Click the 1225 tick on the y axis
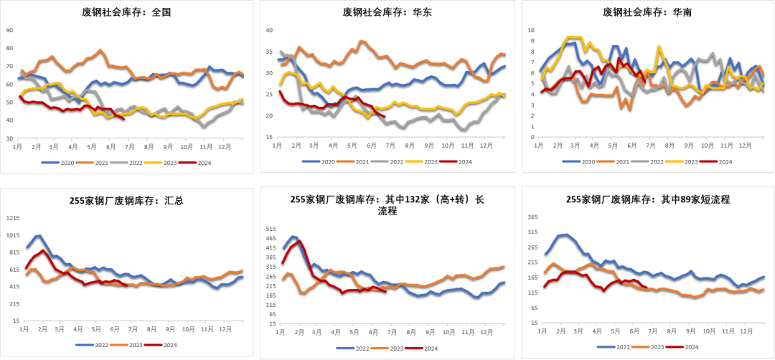(x=12, y=217)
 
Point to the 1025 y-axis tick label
(x=12, y=235)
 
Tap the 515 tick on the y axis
(x=271, y=229)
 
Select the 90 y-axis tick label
(x=9, y=30)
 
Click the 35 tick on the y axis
(x=270, y=52)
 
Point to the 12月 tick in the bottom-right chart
(x=745, y=331)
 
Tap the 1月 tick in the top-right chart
(x=540, y=146)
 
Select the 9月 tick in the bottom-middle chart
(x=429, y=333)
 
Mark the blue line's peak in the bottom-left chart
(x=39, y=235)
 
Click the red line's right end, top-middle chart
(x=385, y=115)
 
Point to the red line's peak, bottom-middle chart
(x=299, y=241)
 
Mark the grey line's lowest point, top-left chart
(x=204, y=126)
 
